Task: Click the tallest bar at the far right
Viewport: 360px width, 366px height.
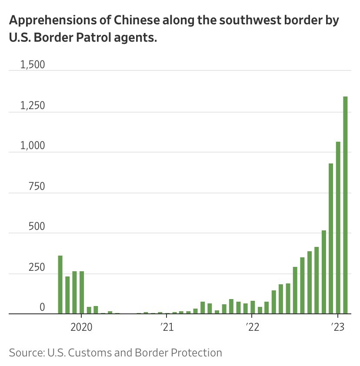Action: [x=345, y=205]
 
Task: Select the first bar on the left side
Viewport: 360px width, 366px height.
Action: [x=60, y=284]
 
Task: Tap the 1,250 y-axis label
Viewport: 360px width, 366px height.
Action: [x=33, y=106]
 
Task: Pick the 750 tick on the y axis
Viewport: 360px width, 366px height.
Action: [x=37, y=186]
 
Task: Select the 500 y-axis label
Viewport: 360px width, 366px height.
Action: [x=37, y=227]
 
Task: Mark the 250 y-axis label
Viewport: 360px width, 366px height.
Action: [x=37, y=267]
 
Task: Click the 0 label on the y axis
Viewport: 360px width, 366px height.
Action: [x=42, y=307]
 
